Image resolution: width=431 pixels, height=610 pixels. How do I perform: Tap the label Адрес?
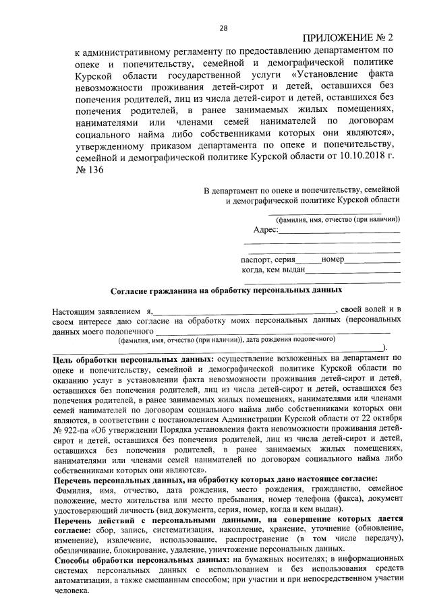[x=266, y=231]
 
